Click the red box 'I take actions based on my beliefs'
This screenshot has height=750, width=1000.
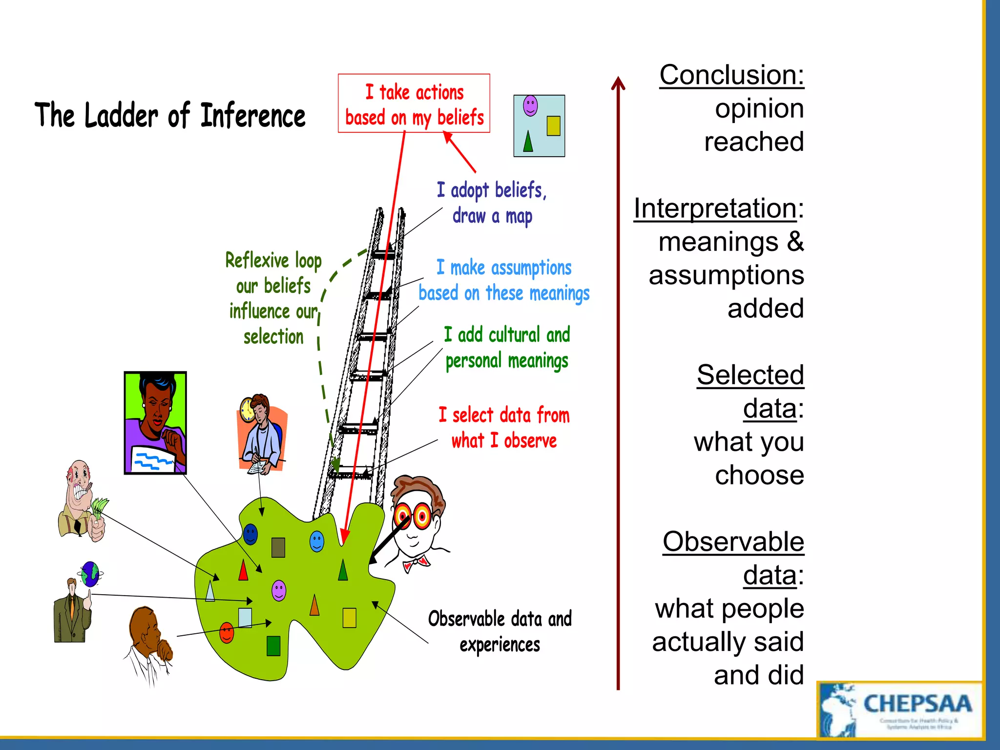[414, 104]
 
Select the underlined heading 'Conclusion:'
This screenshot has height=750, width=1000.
[731, 76]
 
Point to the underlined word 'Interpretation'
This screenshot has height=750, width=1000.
[715, 209]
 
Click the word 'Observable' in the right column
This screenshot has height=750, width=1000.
[733, 542]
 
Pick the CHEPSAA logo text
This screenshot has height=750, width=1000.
[917, 704]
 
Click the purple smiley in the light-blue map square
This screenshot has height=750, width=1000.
[530, 106]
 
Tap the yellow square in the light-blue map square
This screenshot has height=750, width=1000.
[553, 125]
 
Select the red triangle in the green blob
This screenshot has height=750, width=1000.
[243, 570]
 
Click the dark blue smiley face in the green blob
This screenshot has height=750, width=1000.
[250, 534]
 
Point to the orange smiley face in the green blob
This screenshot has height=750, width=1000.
[227, 633]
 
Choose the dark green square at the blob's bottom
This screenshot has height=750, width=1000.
[273, 646]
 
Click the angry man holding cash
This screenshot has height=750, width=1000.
[82, 500]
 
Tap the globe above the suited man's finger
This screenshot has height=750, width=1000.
[91, 574]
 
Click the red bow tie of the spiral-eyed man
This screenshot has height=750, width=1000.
[416, 563]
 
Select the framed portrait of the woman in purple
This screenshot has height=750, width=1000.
[155, 423]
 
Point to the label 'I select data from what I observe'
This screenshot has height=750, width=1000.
[504, 428]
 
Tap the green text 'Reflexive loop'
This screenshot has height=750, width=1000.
[273, 261]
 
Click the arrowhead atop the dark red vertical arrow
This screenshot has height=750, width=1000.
[618, 83]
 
